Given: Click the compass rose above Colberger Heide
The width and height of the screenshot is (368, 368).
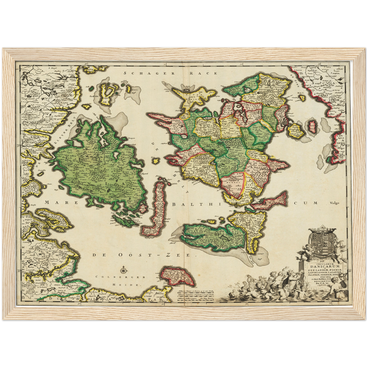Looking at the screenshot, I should [124, 269].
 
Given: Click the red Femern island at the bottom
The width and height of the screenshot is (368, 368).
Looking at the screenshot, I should [178, 276].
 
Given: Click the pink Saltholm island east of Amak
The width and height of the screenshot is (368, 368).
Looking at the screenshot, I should [312, 125].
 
